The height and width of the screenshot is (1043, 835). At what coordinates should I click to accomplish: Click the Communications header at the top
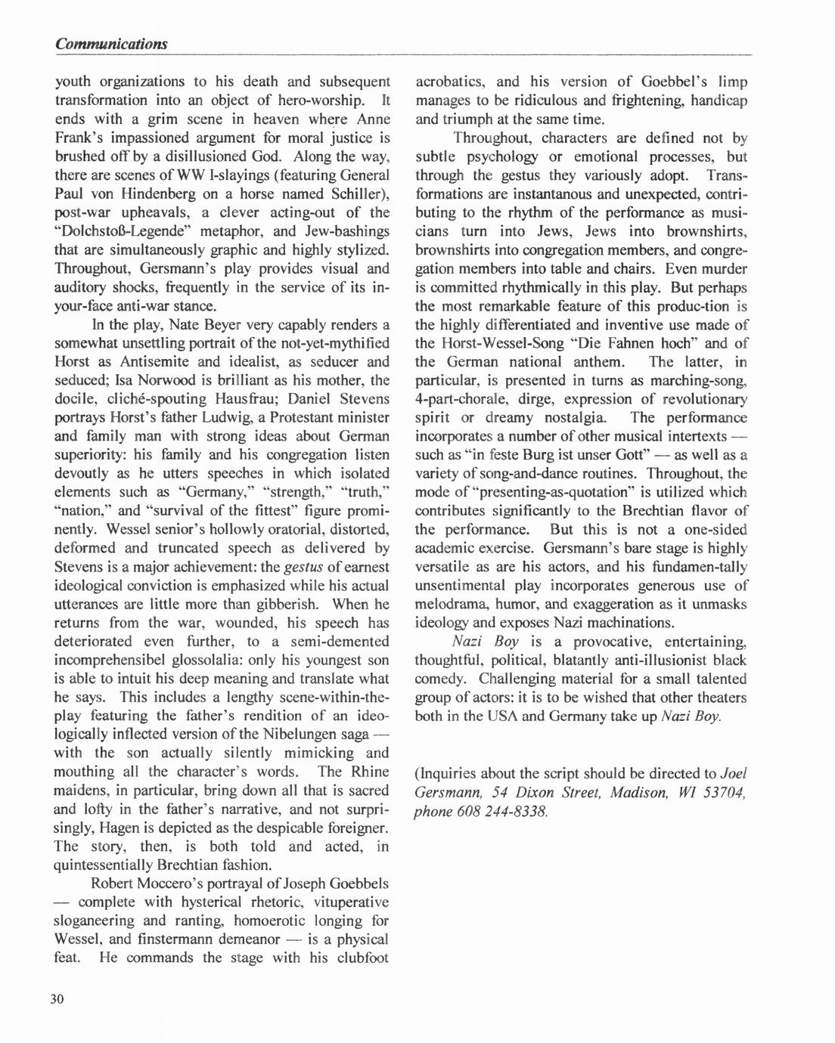click(111, 44)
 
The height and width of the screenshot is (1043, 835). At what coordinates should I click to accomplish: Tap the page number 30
click(57, 999)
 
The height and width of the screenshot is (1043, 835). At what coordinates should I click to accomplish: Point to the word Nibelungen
click(301, 734)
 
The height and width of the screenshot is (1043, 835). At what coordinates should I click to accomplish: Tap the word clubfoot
click(360, 958)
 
